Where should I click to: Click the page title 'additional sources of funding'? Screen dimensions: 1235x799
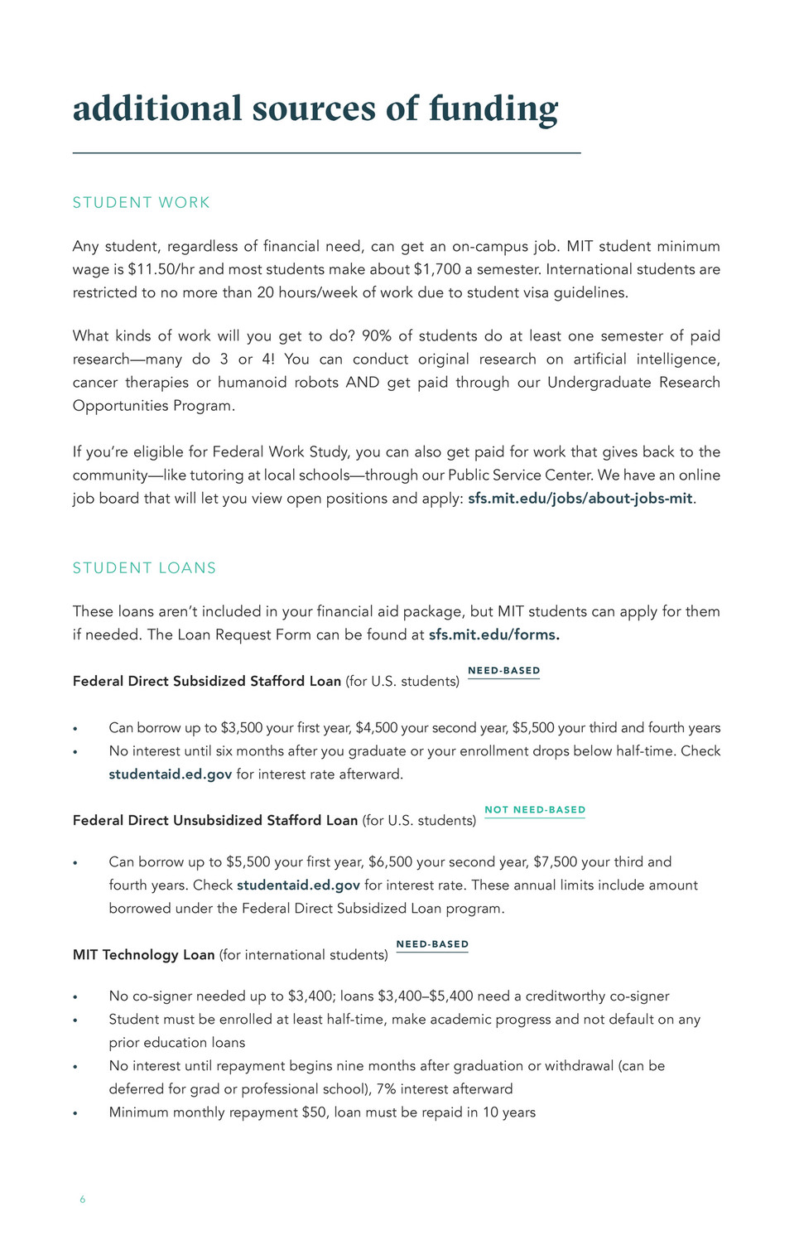point(315,109)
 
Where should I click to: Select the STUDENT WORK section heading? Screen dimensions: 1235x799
point(142,203)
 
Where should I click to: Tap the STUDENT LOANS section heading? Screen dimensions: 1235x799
point(144,568)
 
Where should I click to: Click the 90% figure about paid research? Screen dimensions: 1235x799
point(376,335)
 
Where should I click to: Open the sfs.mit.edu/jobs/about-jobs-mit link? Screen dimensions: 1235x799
point(580,499)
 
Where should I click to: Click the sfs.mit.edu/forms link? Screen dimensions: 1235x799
point(493,635)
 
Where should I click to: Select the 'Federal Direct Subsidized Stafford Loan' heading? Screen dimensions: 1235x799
point(207,681)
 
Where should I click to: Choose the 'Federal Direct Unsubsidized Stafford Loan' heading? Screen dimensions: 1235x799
point(215,820)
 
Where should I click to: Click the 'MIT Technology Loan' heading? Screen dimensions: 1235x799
point(144,954)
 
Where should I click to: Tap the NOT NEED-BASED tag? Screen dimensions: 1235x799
point(535,810)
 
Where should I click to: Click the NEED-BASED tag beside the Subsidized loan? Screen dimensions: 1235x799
point(503,671)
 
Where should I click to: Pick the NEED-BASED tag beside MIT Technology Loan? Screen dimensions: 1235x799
point(432,944)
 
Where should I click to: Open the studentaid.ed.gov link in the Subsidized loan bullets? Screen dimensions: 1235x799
point(171,774)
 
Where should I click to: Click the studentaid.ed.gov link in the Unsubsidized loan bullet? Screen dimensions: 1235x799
point(298,885)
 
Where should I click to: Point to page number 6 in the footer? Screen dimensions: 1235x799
point(82,1199)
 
